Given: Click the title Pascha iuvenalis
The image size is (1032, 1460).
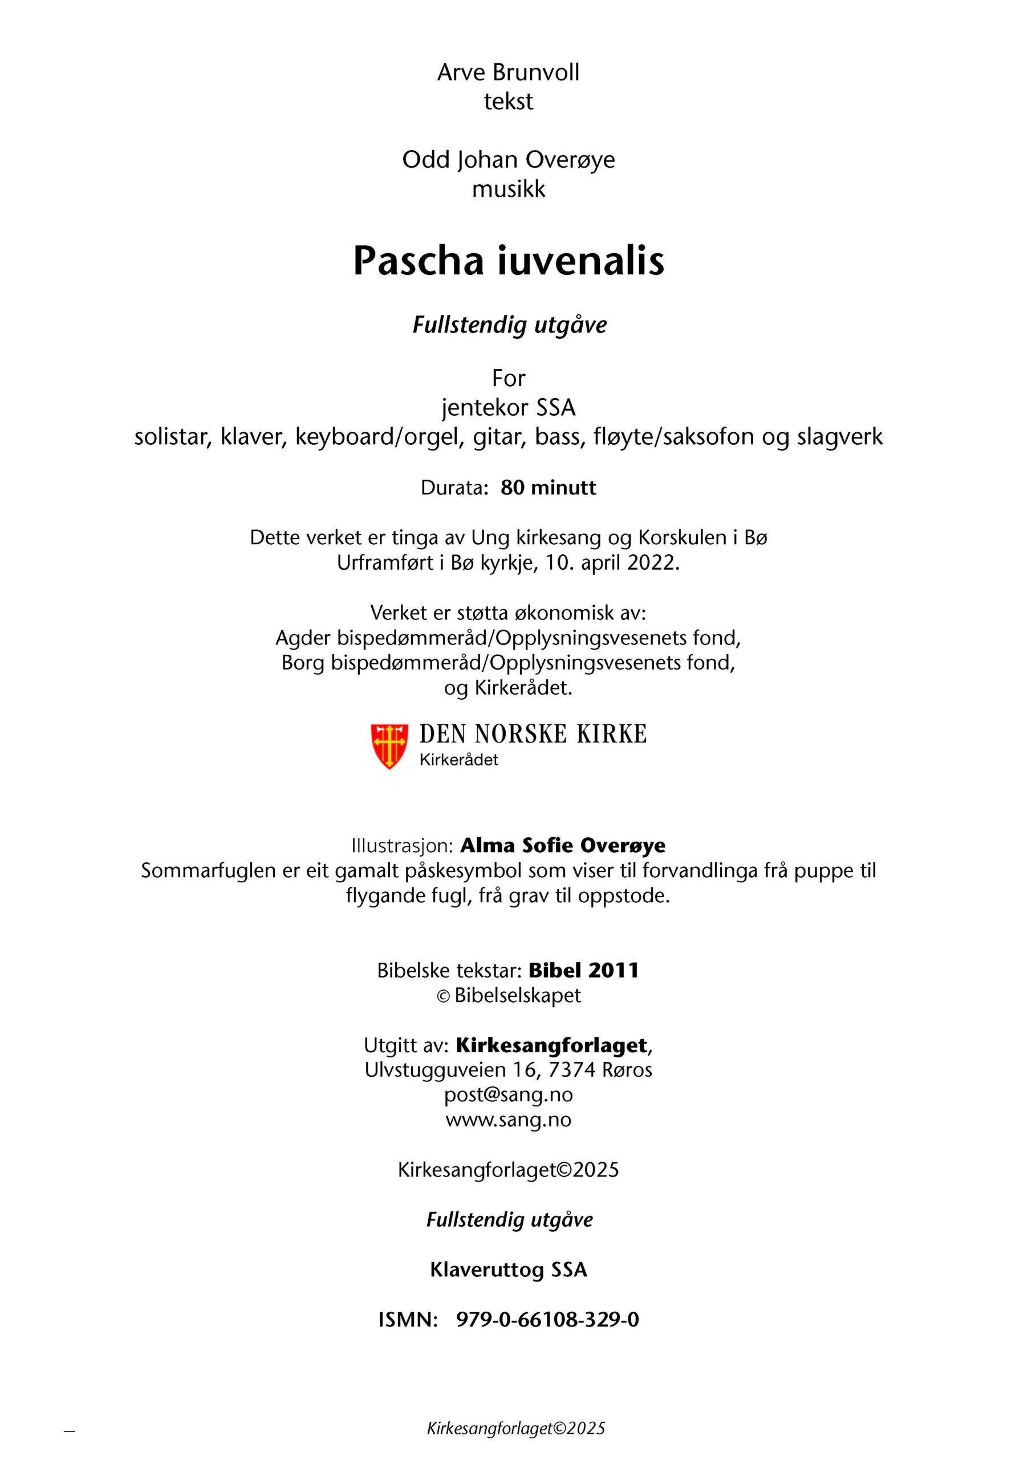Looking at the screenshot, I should point(508,261).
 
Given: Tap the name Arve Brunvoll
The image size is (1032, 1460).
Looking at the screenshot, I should point(508,72).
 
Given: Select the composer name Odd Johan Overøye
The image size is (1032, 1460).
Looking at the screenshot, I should point(508,160).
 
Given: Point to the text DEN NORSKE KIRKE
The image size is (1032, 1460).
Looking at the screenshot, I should point(533,734).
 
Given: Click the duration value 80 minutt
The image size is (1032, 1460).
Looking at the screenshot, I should point(548,488).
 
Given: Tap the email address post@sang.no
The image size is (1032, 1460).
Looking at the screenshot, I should point(508,1094).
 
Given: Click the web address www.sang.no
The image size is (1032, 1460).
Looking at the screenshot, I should point(508,1119).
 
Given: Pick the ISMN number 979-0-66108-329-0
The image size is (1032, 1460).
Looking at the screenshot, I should point(547,1320).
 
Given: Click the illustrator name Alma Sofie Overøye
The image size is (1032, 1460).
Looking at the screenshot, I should point(563,845).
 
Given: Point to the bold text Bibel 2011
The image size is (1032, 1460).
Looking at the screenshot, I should point(583,970).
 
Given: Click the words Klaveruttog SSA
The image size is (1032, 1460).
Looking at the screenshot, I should point(508,1270).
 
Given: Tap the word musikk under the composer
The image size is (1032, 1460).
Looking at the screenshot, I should point(508,189).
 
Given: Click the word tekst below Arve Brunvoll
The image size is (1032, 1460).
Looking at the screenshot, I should point(508,102).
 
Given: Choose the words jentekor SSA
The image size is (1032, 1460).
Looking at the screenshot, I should point(508,408).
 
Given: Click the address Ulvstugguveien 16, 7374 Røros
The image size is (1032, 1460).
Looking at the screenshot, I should point(508,1069).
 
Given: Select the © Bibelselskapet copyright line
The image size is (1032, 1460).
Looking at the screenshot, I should point(508,995).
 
